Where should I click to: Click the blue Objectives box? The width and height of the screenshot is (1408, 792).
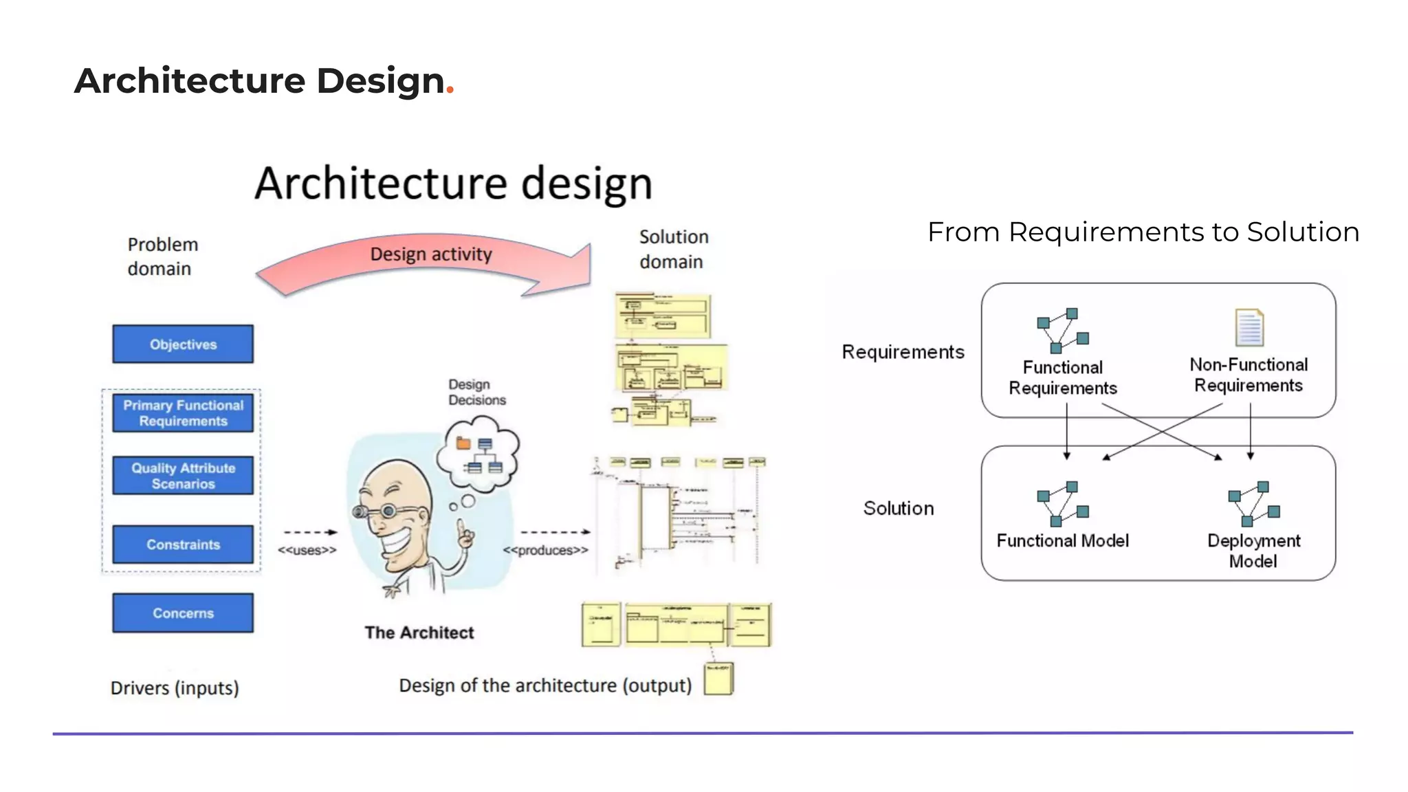183,344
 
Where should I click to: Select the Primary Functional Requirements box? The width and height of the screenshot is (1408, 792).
183,412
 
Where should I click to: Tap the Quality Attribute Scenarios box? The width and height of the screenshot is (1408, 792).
183,475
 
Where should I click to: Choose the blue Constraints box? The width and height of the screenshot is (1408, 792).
183,544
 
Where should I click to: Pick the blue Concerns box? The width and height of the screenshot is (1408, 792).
183,613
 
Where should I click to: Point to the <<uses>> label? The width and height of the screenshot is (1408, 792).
307,550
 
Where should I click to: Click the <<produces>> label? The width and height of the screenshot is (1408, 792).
545,550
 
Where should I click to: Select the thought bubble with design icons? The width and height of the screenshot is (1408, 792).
480,454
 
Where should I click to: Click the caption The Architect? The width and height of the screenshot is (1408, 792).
419,632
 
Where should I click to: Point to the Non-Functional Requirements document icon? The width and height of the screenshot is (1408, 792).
1248,327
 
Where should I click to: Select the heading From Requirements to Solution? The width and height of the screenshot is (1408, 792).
1143,232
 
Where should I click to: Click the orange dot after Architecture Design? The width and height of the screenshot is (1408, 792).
450,89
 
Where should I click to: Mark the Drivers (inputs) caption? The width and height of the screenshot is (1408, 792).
175,687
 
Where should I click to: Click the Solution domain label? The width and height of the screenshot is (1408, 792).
673,249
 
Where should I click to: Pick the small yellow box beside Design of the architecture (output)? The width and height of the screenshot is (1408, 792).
719,679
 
